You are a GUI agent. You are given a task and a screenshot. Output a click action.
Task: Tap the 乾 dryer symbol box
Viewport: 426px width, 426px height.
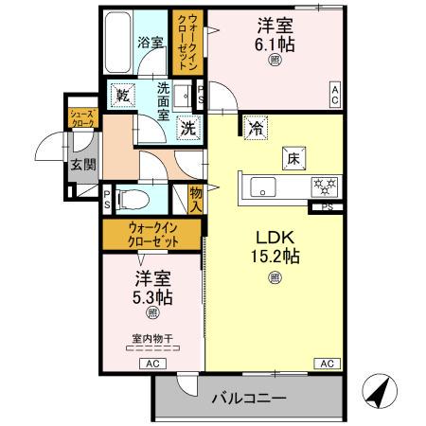[x=122, y=95]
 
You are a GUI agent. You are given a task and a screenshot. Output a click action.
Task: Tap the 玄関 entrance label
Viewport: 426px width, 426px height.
[x=78, y=165]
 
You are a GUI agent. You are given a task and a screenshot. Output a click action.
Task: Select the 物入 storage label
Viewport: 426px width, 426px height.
[x=196, y=198]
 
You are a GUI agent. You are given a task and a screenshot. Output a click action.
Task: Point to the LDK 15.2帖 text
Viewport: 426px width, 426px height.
[x=275, y=245]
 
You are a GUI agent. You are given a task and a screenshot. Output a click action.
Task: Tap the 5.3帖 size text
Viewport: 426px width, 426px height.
[x=152, y=297]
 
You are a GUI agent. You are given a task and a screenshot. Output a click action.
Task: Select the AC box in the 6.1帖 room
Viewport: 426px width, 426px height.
[x=335, y=92]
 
